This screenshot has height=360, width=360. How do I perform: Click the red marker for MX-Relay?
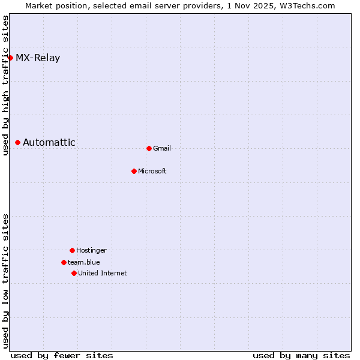10,58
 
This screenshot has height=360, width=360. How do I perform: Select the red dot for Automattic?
18,142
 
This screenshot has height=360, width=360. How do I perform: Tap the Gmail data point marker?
149,148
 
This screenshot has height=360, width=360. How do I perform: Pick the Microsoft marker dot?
134,171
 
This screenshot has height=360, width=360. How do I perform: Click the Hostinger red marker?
72,250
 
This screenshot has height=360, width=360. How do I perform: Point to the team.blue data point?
64,262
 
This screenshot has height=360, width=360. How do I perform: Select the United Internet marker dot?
74,273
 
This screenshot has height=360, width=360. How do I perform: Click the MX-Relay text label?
38,58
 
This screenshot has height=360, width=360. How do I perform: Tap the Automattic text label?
49,143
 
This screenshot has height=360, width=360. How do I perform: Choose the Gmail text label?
162,149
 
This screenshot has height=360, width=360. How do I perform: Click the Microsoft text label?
152,172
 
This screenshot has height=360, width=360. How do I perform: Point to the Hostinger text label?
91,251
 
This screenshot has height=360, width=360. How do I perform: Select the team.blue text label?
84,263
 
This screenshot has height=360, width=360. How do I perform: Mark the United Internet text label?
103,274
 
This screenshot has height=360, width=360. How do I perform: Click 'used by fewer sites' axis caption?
62,355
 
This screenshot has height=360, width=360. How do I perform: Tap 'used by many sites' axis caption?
301,355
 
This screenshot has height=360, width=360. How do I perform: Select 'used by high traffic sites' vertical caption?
5,85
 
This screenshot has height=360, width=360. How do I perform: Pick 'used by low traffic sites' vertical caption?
5,281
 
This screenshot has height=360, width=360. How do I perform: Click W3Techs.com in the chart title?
308,5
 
